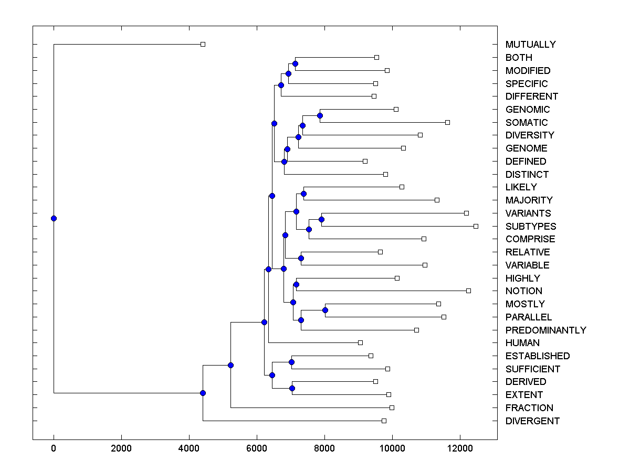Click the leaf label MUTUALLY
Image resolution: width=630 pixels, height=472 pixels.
530,45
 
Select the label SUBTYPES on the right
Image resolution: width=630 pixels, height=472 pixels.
531,226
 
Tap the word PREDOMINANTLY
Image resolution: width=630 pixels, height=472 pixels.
545,330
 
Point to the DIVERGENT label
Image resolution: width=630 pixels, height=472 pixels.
532,421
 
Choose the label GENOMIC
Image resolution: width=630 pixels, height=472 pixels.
528,110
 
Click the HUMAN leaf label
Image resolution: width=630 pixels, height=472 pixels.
522,343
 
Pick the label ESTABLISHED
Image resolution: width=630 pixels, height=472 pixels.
538,356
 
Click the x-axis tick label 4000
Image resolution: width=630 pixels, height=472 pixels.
189,448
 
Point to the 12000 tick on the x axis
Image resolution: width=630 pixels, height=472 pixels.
460,448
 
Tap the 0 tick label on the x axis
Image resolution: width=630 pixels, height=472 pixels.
54,448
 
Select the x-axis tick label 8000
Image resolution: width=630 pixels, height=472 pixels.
324,448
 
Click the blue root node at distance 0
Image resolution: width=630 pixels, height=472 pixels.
54,218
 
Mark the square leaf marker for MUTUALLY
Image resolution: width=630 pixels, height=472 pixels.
203,45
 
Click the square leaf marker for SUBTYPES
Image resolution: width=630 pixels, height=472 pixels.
476,226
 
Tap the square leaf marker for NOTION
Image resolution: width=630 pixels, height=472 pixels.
468,291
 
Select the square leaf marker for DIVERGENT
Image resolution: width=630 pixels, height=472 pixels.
384,421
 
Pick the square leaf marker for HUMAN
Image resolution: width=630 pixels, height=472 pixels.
360,342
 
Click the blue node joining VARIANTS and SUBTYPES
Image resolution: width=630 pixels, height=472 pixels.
321,219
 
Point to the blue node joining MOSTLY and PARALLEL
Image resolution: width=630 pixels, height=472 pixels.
325,310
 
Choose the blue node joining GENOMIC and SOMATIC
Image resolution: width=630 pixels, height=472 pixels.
320,115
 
